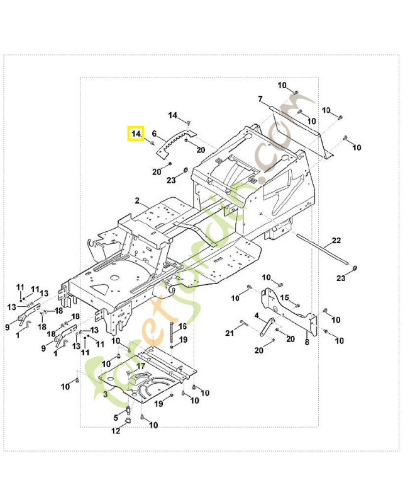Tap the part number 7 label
pos(260,99)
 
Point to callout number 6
pos(155,134)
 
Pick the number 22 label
pos(336,241)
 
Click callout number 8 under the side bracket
pos(307,342)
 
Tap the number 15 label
pos(284,298)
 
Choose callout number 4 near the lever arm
pos(257,315)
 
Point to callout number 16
pos(182,326)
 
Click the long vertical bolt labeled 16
pos(171,334)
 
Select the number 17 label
pos(141,365)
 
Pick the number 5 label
pos(116,417)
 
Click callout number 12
pos(116,431)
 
